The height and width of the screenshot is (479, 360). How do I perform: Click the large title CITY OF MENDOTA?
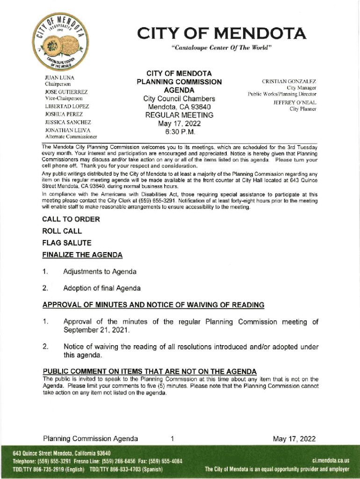click(222, 34)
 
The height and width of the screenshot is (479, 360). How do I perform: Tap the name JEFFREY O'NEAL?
click(295, 102)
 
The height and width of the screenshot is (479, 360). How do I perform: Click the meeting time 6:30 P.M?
click(180, 133)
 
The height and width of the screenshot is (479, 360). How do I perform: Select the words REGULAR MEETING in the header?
click(180, 115)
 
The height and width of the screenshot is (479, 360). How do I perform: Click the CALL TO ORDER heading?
click(71, 219)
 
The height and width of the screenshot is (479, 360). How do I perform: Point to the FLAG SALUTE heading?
click(67, 243)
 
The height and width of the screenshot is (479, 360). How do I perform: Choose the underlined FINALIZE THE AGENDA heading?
click(82, 255)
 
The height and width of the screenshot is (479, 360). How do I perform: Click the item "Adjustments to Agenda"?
click(100, 272)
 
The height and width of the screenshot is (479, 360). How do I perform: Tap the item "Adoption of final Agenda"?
click(102, 288)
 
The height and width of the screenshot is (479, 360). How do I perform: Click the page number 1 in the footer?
click(173, 439)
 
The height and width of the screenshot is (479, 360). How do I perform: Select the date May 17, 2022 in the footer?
click(295, 439)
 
